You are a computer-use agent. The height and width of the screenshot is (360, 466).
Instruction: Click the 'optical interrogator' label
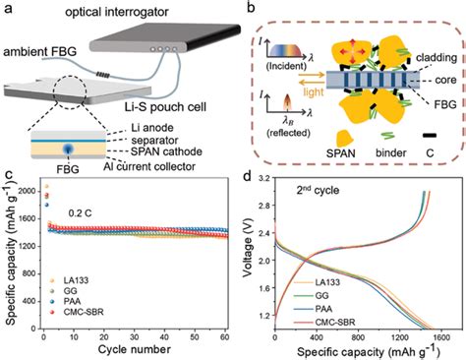[117, 13]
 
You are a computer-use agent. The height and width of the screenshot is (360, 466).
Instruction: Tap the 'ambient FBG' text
[40, 52]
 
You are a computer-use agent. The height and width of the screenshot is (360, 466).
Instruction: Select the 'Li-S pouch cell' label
[166, 107]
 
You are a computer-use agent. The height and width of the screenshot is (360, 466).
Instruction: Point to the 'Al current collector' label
[149, 166]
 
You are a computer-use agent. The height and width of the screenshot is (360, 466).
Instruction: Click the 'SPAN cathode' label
[166, 151]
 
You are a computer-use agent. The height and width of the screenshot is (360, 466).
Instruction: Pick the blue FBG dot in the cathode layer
[68, 150]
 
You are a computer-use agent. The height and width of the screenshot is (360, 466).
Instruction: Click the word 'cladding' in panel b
[437, 58]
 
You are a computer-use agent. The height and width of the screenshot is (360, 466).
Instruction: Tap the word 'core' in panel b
[445, 80]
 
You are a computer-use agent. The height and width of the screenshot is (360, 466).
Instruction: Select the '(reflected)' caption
[288, 133]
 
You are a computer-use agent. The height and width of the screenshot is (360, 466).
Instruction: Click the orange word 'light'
[314, 92]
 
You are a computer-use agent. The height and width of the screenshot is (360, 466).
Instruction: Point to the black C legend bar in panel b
[429, 135]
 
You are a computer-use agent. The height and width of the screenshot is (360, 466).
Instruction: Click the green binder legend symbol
[387, 136]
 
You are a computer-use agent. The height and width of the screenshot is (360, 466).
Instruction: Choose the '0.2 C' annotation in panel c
[80, 213]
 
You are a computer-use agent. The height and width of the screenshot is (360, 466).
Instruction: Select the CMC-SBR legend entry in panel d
[335, 323]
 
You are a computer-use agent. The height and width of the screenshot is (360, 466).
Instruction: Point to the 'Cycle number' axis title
[135, 349]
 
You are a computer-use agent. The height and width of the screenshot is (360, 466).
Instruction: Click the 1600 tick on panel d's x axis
[441, 337]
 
